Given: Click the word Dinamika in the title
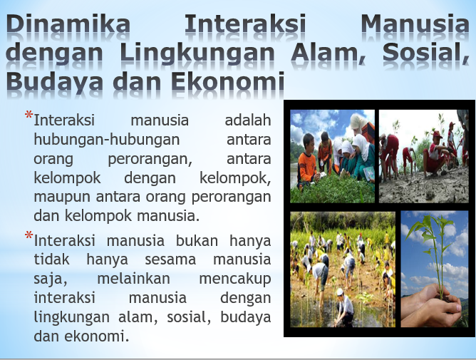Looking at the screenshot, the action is [68, 24].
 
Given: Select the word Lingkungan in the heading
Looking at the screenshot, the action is [197, 53].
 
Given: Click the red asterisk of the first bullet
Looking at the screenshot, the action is [29, 115].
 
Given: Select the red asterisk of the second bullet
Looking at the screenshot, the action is [29, 235].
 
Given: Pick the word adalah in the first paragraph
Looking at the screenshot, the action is [248, 120].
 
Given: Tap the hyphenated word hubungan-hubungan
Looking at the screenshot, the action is [107, 140].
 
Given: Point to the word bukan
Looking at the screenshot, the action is [197, 240].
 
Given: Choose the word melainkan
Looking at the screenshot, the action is [133, 279].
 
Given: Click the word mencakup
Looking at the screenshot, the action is [235, 279].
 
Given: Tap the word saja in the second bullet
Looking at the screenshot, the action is [50, 279].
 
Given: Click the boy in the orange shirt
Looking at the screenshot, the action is [307, 161].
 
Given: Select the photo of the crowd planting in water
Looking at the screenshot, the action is [343, 269].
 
